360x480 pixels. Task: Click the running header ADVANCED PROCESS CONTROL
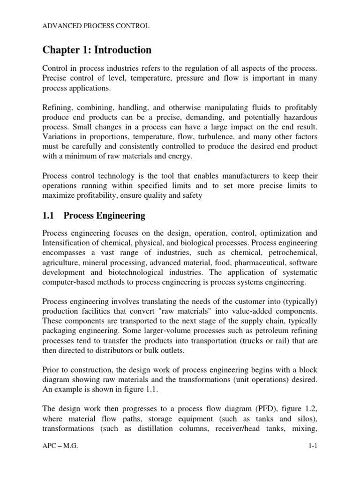coord(96,26)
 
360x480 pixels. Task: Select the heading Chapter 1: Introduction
coord(97,50)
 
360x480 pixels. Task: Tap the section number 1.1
coord(48,216)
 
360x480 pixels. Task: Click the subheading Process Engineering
coord(104,216)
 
